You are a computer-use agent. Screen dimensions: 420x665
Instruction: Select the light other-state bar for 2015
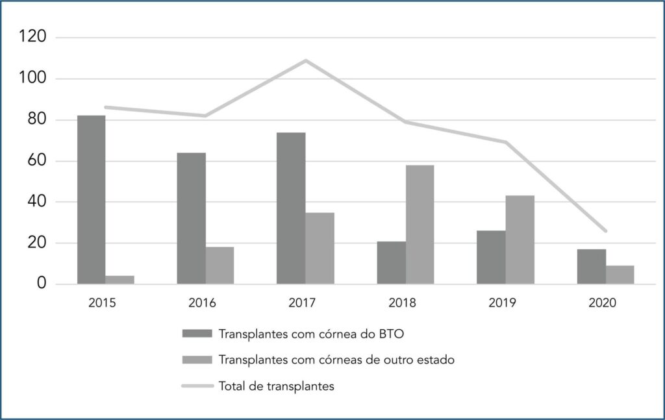click(120, 280)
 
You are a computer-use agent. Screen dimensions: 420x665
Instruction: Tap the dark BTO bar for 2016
click(191, 219)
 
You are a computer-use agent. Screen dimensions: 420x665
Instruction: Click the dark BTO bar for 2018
click(391, 263)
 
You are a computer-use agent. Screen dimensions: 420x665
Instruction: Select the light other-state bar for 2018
click(420, 225)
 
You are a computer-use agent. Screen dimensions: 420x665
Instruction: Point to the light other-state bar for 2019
click(520, 240)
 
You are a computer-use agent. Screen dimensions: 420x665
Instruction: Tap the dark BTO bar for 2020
click(591, 267)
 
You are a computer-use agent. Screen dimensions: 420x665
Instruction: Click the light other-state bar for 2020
click(620, 275)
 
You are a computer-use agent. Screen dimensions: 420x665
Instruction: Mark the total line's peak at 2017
click(306, 60)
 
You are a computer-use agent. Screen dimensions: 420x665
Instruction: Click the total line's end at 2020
click(605, 230)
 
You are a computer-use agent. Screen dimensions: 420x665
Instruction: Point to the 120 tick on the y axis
click(34, 38)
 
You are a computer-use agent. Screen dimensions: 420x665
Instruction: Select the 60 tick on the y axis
click(38, 161)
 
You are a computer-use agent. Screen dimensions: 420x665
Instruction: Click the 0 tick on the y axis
click(42, 284)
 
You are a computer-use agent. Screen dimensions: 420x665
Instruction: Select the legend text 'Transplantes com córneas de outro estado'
click(336, 360)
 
